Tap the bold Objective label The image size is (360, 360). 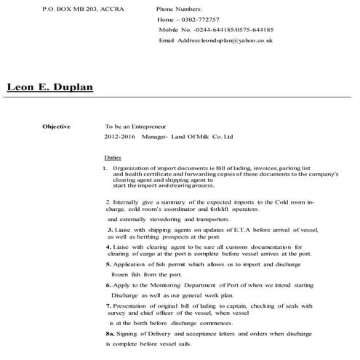(56, 127)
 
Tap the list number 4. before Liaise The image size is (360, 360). (108, 247)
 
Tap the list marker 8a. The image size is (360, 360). (110, 332)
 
